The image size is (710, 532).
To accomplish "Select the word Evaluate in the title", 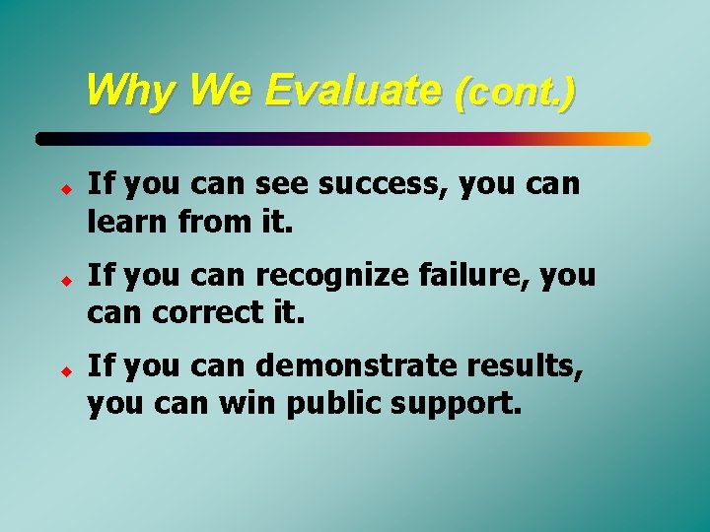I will [x=352, y=91].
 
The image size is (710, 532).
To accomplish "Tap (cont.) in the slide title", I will [x=515, y=93].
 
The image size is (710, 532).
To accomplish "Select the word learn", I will [x=123, y=222].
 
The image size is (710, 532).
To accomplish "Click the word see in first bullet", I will [x=286, y=184].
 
